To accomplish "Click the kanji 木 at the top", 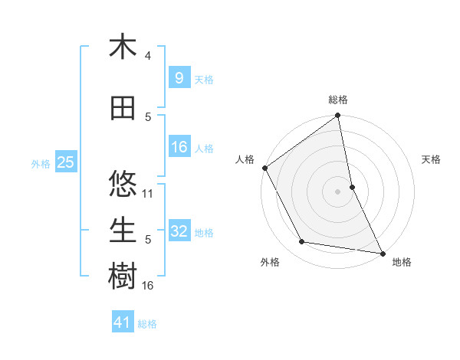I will pos(123,47).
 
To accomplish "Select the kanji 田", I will pos(123,110).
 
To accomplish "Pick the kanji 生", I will pos(123,230).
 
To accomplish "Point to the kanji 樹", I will pos(123,276).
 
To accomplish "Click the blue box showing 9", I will pos(178,77).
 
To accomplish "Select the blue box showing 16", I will pos(179,147).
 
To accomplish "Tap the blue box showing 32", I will pos(179,231).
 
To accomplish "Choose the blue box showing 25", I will pos(65,162).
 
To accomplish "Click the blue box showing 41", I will pos(123,322).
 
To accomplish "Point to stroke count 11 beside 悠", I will pos(149,193).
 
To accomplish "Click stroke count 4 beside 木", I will pos(148,56).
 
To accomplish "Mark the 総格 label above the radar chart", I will pos(338,100).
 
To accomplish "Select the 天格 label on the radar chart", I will pos(432,159).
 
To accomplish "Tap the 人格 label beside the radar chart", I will pos(245,159).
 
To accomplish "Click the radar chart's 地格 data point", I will pos(382,253).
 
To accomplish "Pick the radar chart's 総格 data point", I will pos(338,116).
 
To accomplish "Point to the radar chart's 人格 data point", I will pos(264,168).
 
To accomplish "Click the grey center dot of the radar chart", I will pos(338,191).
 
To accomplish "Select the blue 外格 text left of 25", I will pos(41,163).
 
